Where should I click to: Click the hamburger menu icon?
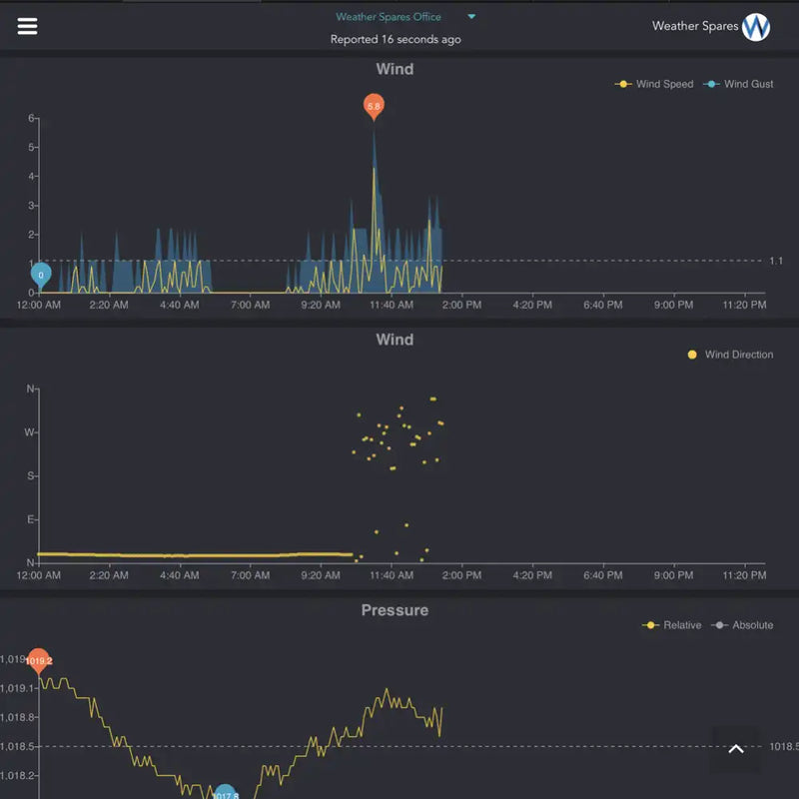(x=27, y=26)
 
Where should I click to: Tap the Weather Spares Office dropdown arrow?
(x=471, y=17)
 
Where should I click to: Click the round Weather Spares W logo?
(x=756, y=27)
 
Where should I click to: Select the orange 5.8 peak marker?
(x=374, y=105)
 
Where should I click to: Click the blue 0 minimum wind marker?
(x=41, y=274)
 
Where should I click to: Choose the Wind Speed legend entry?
(x=655, y=84)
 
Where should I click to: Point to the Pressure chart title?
(x=395, y=610)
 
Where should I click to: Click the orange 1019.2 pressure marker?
(x=39, y=660)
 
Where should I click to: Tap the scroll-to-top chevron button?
(x=736, y=749)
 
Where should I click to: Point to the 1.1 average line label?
(x=776, y=261)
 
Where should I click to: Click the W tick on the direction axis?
(x=30, y=432)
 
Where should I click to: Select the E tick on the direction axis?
(x=30, y=519)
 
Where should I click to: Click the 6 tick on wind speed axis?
(x=32, y=118)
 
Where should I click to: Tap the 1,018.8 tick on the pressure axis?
(x=18, y=717)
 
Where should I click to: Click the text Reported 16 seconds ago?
(x=396, y=40)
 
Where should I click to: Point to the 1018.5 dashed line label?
(x=782, y=746)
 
